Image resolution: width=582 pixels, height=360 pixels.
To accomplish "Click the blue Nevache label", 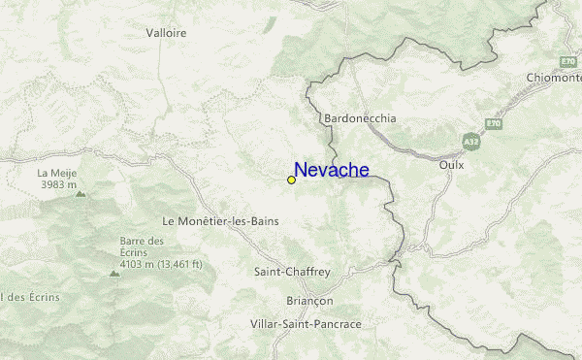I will pos(331,171).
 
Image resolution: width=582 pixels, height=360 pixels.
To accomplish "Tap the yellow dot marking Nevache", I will pos(291,180).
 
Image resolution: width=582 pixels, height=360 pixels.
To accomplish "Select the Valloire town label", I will pos(166,32).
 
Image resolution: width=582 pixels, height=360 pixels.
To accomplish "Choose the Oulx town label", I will pos(452,164).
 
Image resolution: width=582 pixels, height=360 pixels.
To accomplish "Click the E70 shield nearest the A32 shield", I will pos(495,125).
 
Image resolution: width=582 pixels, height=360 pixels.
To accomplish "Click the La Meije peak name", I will pos(55,173).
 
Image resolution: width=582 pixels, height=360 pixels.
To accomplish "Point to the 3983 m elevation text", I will pos(59,183).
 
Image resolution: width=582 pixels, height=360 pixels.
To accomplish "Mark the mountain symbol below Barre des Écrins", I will pos(114,274).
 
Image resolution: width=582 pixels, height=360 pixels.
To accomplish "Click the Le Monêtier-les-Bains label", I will pos(221,221).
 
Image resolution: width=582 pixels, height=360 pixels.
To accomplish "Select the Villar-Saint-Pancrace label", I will pos(306,322).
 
